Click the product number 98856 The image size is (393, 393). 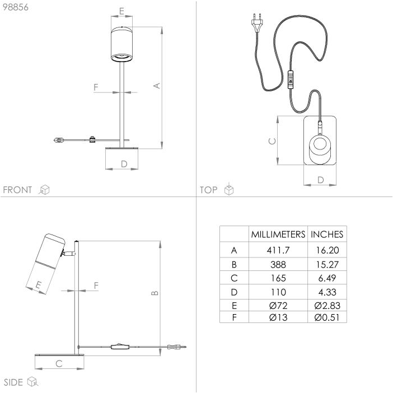click(16, 7)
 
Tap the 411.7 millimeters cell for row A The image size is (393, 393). click(278, 250)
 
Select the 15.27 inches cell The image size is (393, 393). click(327, 264)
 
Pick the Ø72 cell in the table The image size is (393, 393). click(278, 306)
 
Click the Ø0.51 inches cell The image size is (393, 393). click(327, 317)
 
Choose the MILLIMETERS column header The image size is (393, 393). click(278, 235)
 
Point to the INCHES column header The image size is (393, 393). click(327, 235)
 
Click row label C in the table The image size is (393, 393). click(234, 278)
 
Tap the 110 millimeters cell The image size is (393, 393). click(278, 292)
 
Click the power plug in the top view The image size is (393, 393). click(257, 23)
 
